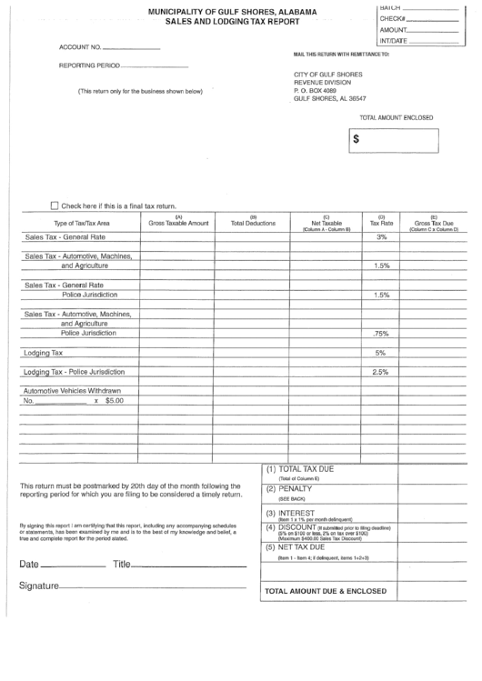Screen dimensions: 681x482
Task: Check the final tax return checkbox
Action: (x=55, y=205)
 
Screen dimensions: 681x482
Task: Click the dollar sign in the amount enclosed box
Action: (x=356, y=139)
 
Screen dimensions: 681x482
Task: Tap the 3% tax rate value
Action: (x=381, y=236)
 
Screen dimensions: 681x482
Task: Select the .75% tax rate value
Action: (x=381, y=333)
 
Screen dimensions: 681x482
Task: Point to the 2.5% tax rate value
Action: (x=381, y=372)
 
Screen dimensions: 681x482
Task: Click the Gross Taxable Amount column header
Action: (x=178, y=222)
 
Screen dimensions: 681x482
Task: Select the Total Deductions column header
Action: (x=253, y=222)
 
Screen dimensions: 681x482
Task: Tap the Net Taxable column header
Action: (x=326, y=222)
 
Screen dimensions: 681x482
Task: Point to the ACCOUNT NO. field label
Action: (x=80, y=46)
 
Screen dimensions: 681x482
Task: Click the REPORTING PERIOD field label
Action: (x=88, y=65)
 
